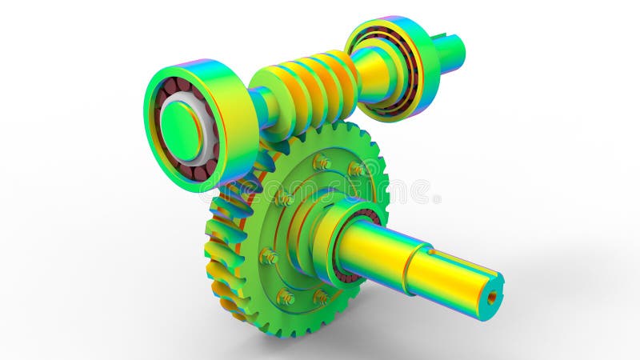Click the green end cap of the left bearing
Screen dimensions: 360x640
181,130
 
